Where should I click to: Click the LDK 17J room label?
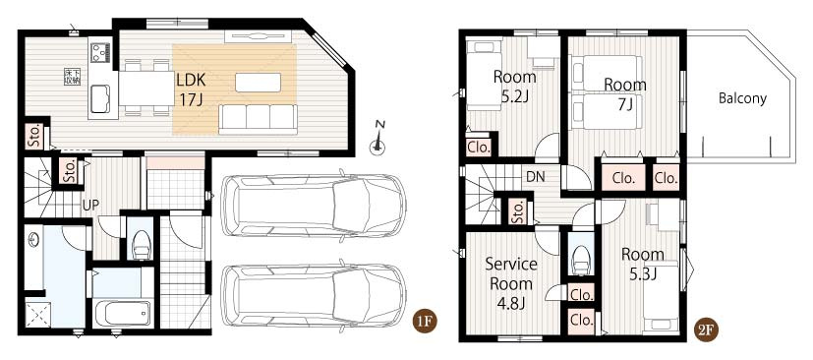192,89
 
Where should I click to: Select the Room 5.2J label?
514,86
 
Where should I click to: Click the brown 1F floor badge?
424,323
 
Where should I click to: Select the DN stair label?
535,177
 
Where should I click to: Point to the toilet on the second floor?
581,258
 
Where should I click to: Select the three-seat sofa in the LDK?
258,118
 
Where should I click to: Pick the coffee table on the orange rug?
258,82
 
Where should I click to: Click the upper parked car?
313,205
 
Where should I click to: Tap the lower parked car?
313,297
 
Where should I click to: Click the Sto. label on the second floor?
518,210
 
